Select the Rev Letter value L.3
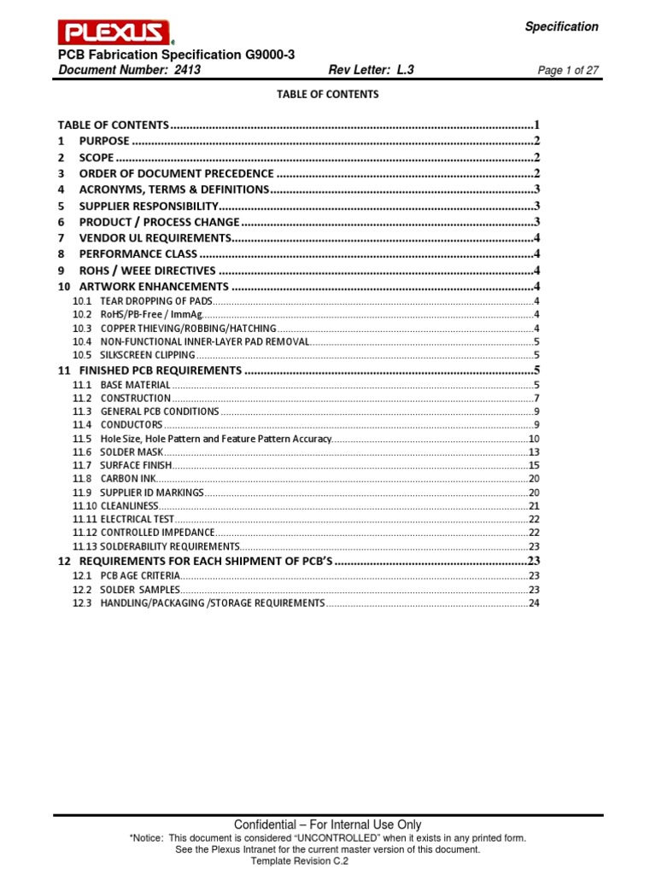click(x=405, y=71)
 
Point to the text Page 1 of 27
click(x=567, y=72)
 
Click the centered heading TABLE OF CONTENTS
click(x=327, y=95)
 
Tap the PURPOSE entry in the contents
click(x=104, y=141)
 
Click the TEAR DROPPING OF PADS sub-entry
click(x=155, y=301)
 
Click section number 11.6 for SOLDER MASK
click(x=82, y=452)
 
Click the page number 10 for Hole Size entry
click(x=534, y=438)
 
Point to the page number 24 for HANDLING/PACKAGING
click(x=534, y=603)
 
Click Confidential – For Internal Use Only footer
click(x=327, y=824)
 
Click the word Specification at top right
click(x=561, y=26)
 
